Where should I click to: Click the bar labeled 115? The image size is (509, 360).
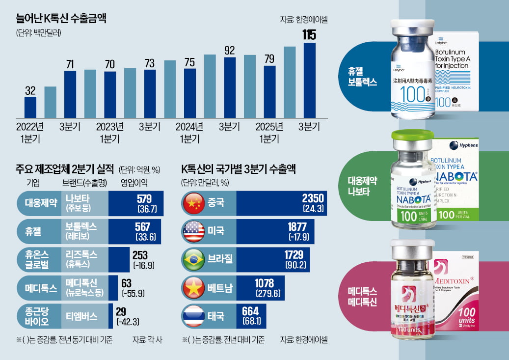click(x=310, y=81)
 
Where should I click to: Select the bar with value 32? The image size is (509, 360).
click(x=30, y=108)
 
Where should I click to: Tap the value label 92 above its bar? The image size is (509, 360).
click(x=230, y=50)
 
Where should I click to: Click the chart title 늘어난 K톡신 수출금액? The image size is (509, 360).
click(x=61, y=19)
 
